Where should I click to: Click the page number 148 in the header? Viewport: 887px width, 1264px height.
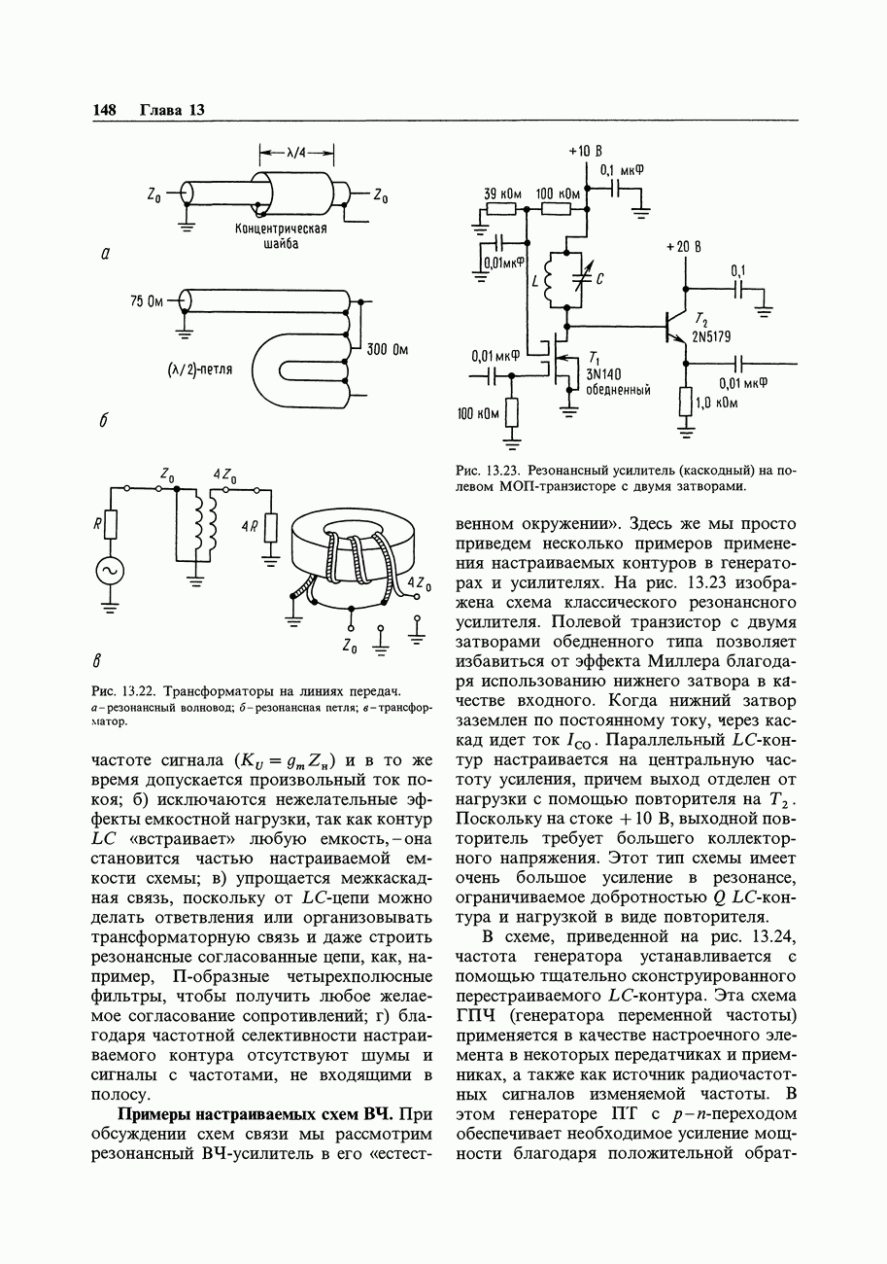[104, 110]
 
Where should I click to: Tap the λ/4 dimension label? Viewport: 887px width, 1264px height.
[296, 153]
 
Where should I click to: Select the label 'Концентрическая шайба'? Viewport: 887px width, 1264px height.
[281, 236]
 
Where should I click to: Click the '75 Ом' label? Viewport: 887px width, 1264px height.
[147, 301]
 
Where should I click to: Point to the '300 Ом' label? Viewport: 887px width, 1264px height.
[388, 350]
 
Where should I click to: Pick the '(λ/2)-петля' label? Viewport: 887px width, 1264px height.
[200, 370]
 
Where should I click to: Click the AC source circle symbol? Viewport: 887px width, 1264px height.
[110, 571]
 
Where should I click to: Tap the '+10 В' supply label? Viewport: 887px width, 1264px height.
[585, 152]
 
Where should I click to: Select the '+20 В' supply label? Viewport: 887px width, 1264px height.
[683, 247]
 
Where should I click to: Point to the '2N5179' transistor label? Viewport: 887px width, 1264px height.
[711, 336]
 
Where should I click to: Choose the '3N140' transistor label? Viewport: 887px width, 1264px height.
[603, 374]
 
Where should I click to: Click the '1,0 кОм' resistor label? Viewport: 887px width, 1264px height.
[717, 404]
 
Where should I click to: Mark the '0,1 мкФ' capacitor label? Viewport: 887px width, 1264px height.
[622, 170]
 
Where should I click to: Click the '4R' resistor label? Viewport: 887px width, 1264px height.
[250, 527]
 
